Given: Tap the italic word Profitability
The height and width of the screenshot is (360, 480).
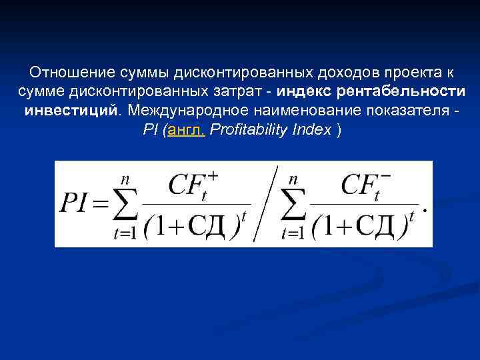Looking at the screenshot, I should click(x=249, y=129).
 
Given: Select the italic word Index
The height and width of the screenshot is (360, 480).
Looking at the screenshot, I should click(x=312, y=129).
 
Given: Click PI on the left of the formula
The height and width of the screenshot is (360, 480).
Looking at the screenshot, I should click(x=75, y=204).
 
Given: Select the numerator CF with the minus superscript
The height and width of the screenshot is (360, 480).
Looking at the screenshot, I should click(x=363, y=185).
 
